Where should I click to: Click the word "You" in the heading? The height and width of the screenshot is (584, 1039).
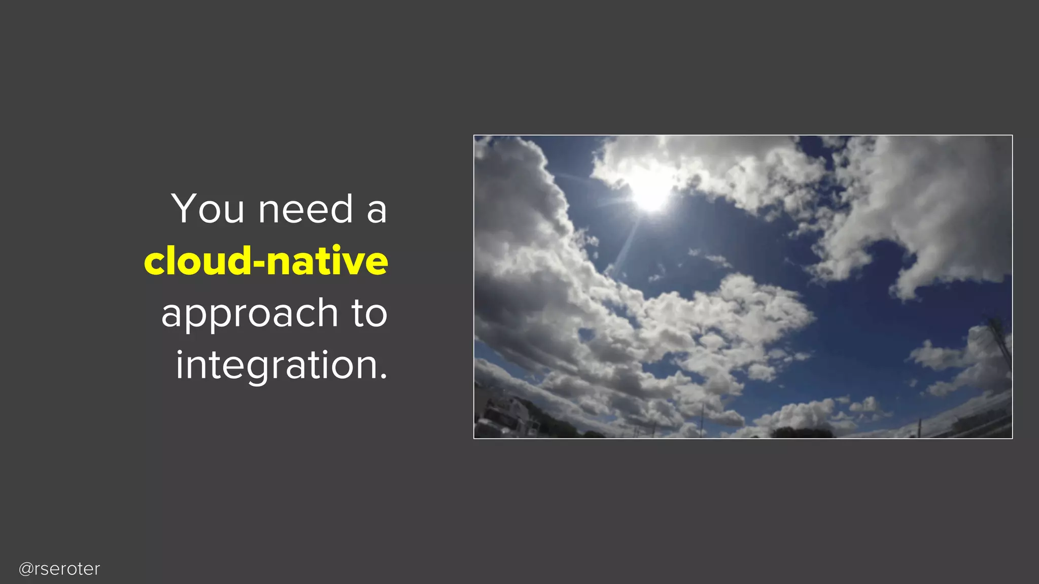click(x=207, y=208)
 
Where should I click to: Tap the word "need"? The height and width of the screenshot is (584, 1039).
click(x=305, y=208)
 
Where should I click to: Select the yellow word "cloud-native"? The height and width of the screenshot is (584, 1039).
click(x=266, y=261)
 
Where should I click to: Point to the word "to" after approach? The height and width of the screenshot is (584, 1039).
click(x=369, y=313)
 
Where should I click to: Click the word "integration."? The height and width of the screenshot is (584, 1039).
click(x=282, y=365)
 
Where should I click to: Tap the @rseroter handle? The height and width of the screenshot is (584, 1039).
click(x=59, y=569)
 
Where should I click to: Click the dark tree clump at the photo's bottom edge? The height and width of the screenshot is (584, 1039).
click(x=802, y=433)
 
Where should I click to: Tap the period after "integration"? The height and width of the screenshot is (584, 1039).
click(x=383, y=376)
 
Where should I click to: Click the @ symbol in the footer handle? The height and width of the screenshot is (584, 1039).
click(x=26, y=569)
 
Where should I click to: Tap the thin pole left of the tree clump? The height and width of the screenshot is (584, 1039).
click(x=703, y=421)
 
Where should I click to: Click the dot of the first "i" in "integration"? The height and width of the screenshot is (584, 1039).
click(x=179, y=351)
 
